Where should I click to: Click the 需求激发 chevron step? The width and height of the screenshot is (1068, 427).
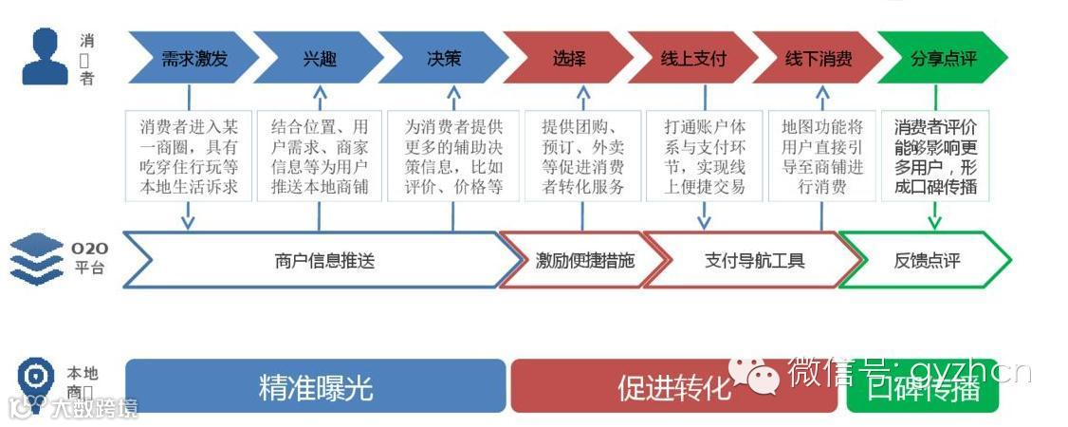click(x=193, y=59)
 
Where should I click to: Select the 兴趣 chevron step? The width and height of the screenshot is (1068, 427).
click(x=319, y=59)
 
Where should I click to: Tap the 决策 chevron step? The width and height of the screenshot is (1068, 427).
click(x=444, y=59)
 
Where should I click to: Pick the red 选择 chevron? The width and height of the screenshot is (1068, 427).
click(x=569, y=59)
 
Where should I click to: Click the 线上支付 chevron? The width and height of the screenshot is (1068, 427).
click(x=693, y=59)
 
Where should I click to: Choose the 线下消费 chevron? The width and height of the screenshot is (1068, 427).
click(x=818, y=59)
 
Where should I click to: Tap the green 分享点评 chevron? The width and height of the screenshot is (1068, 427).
click(x=943, y=59)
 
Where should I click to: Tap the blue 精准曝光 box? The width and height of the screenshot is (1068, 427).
click(x=315, y=386)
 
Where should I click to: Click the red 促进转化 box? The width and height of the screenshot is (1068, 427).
click(x=674, y=386)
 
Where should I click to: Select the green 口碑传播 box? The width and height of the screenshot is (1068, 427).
click(x=922, y=386)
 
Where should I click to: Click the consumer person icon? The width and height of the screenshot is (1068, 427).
click(x=45, y=57)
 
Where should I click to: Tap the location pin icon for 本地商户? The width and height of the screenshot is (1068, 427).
click(x=35, y=378)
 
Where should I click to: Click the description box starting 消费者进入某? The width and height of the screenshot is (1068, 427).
click(x=189, y=156)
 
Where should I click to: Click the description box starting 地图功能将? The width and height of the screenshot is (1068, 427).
click(x=822, y=156)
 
